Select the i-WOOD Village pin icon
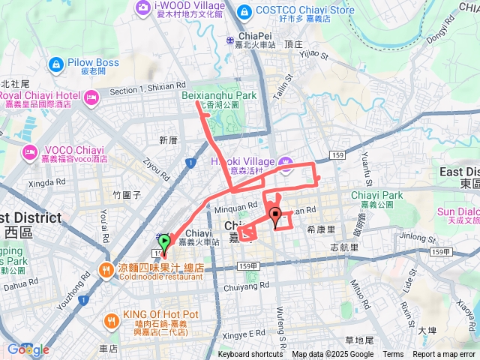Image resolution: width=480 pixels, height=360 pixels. [142, 7]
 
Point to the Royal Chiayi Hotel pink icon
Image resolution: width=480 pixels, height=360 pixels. [91, 96]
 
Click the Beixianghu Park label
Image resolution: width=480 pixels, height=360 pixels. [218, 95]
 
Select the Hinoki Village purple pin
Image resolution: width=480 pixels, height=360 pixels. [286, 162]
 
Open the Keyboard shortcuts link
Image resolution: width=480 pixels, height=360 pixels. [250, 355]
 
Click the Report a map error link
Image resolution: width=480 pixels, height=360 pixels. [444, 355]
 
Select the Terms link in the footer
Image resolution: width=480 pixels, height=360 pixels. [393, 355]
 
